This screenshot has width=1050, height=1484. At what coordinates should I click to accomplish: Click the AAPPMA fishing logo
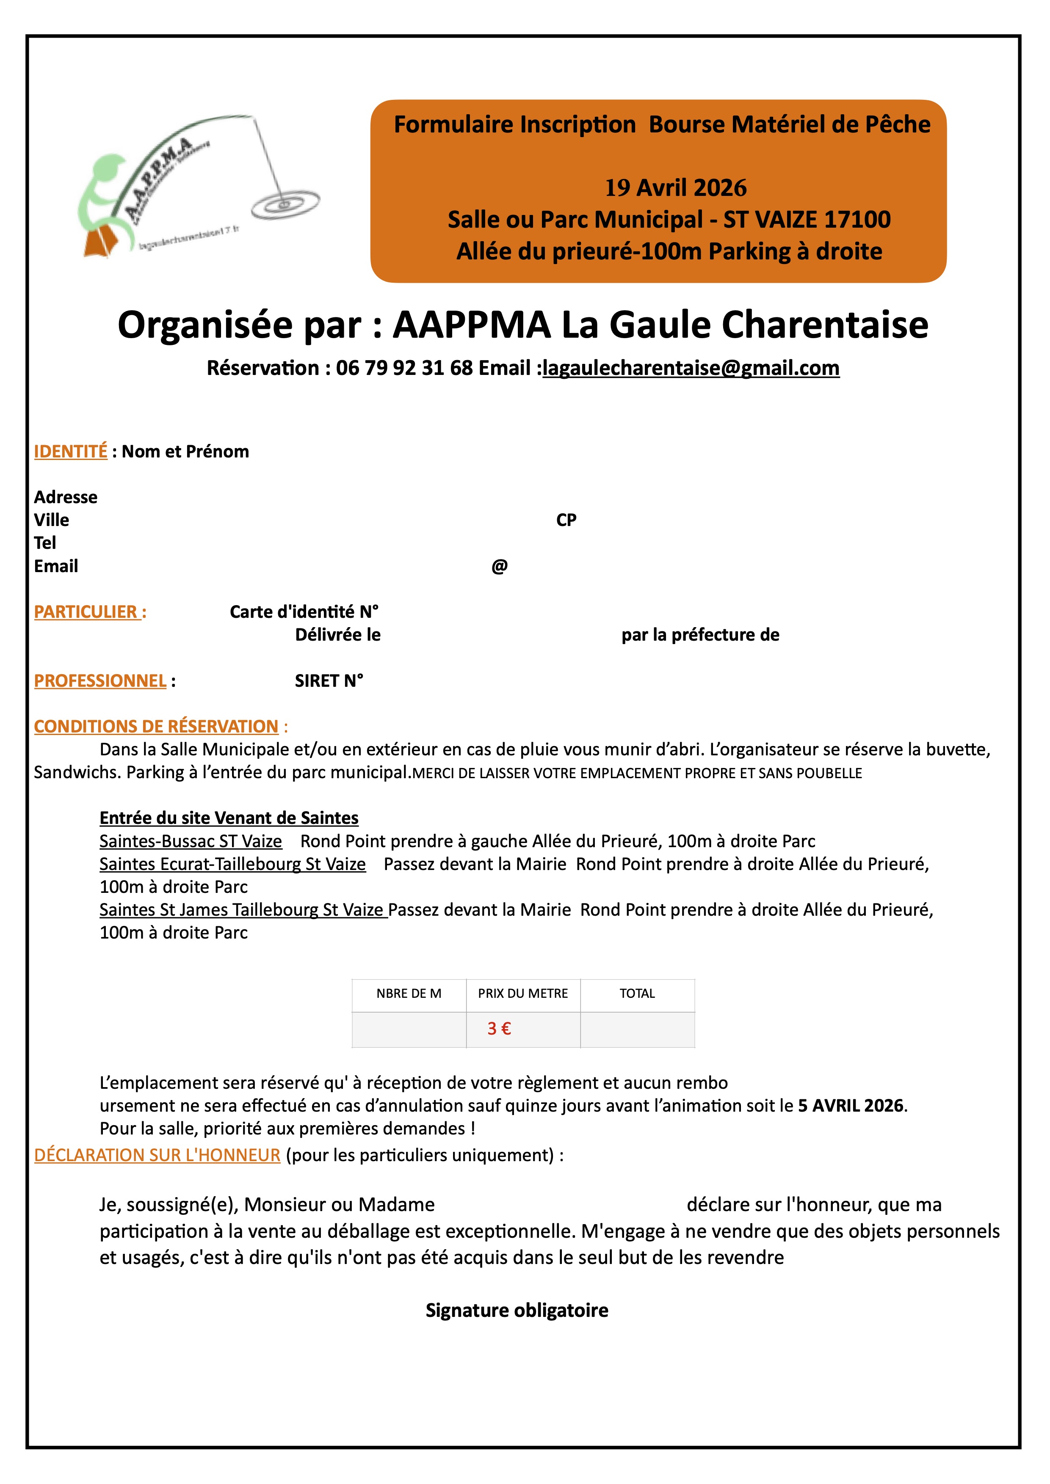(197, 187)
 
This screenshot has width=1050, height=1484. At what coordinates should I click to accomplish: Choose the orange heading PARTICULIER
(89, 612)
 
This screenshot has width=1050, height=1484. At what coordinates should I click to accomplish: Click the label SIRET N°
(329, 680)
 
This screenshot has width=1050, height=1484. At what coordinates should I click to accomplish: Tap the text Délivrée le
(337, 635)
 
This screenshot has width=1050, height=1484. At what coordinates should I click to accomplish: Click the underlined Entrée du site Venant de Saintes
(229, 818)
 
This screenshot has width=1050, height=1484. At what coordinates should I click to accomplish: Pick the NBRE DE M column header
(409, 994)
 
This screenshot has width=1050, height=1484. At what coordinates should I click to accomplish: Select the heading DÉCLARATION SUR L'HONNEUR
(157, 1155)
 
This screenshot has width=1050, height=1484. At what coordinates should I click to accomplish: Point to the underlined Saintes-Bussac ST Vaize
(191, 842)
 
